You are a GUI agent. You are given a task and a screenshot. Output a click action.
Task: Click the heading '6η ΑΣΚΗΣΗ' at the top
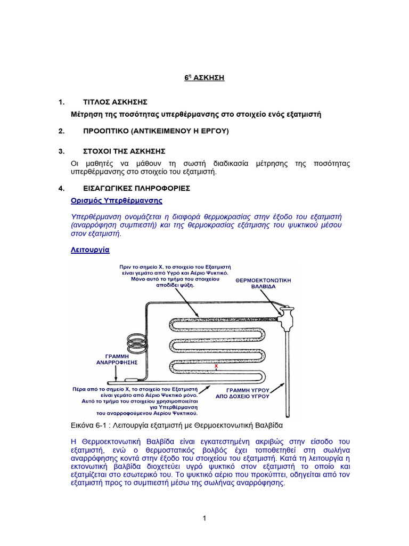coord(204,78)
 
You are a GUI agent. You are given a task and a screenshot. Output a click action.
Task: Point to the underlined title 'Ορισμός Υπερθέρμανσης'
coord(117,201)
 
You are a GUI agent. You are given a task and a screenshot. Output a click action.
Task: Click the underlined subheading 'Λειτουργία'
coord(90,249)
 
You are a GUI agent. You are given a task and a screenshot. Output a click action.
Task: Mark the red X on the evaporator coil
coord(216,367)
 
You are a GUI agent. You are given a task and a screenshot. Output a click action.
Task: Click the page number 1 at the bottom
coord(204,519)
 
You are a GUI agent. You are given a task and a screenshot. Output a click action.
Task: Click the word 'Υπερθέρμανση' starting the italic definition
coord(95,217)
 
